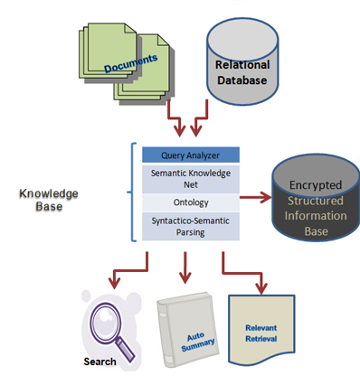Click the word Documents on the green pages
pyautogui.click(x=130, y=63)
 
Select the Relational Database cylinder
pyautogui.click(x=242, y=61)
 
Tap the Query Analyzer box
pyautogui.click(x=191, y=155)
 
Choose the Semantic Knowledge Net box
pyautogui.click(x=191, y=179)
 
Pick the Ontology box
pyautogui.click(x=191, y=202)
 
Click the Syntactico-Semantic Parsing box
pyautogui.click(x=191, y=226)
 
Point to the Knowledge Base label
pyautogui.click(x=49, y=200)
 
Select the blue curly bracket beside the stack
pyautogui.click(x=132, y=192)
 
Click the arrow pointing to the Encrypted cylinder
pyautogui.click(x=256, y=198)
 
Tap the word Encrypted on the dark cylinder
pyautogui.click(x=316, y=185)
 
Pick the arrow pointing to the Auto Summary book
pyautogui.click(x=185, y=268)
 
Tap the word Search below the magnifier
pyautogui.click(x=99, y=362)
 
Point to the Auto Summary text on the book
pyautogui.click(x=198, y=342)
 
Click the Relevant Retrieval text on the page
pyautogui.click(x=261, y=334)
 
